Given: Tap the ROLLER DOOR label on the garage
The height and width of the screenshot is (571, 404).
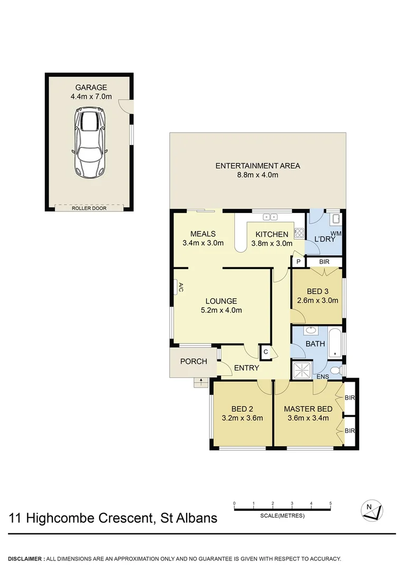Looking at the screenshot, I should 89,208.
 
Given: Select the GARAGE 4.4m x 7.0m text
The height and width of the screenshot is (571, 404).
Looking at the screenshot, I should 91,92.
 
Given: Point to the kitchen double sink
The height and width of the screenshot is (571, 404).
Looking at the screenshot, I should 270,217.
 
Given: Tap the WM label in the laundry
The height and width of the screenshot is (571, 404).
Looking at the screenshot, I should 335,233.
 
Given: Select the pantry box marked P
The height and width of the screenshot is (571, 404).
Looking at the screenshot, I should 298,262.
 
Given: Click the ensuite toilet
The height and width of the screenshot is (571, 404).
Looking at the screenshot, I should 334,370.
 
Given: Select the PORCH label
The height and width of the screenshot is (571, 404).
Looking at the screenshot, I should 192,362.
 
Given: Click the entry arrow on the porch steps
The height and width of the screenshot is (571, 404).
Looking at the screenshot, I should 201,381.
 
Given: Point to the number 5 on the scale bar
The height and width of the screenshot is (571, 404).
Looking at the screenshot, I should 330,503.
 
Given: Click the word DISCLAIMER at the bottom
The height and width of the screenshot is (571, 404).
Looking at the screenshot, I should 26,559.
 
